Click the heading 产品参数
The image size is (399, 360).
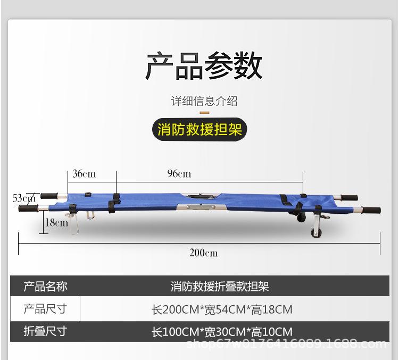point(204,65)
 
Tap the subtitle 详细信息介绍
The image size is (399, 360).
point(204,101)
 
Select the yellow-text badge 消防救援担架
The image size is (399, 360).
point(199,130)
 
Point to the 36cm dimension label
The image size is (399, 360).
point(84,174)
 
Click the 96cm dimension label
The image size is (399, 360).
point(179,174)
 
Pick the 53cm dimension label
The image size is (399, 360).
point(24,198)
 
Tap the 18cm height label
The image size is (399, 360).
point(56,223)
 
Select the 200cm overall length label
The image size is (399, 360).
point(204,253)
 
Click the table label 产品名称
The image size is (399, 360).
point(45,286)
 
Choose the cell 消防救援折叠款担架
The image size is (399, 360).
point(220,286)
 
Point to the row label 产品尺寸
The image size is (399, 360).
point(45,309)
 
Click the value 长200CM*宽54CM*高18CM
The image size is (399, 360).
point(222,309)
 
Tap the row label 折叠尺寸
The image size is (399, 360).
point(45,331)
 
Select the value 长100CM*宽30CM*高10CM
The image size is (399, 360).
point(222,332)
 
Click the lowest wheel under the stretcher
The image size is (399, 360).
point(317,233)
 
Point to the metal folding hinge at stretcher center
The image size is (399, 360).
point(201,207)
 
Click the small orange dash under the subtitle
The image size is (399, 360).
point(204,112)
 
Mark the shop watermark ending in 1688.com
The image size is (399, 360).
point(287,344)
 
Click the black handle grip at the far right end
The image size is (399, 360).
point(371,211)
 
